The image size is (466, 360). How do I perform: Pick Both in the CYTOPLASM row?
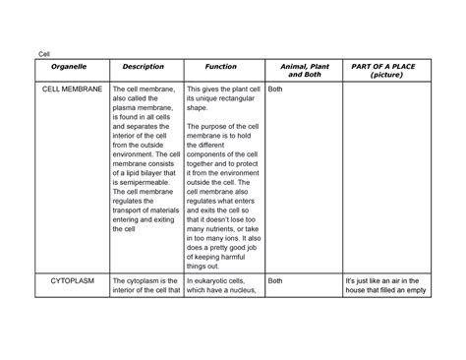tap(275, 280)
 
